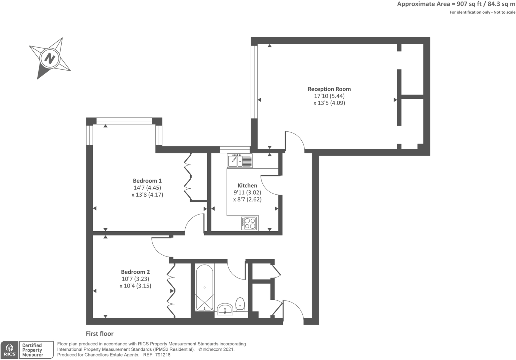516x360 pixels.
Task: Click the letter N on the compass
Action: (x=50, y=58)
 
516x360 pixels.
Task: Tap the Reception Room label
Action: (x=329, y=89)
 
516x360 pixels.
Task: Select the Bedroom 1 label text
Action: (x=147, y=181)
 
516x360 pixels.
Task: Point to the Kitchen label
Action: (x=247, y=185)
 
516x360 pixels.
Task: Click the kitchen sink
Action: (x=240, y=161)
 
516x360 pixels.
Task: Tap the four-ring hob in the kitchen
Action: (x=250, y=223)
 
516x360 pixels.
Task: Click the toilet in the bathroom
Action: (x=240, y=304)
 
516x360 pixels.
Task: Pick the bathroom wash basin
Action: (x=225, y=309)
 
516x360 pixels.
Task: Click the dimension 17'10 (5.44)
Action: (x=329, y=96)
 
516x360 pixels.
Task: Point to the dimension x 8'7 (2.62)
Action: (x=247, y=199)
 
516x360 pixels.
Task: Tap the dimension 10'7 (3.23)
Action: (x=135, y=279)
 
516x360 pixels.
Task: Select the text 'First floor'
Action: (x=99, y=333)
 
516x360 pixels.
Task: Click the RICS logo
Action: (x=10, y=350)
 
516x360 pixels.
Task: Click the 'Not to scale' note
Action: (x=504, y=12)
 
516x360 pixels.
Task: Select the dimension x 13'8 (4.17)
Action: (x=147, y=195)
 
